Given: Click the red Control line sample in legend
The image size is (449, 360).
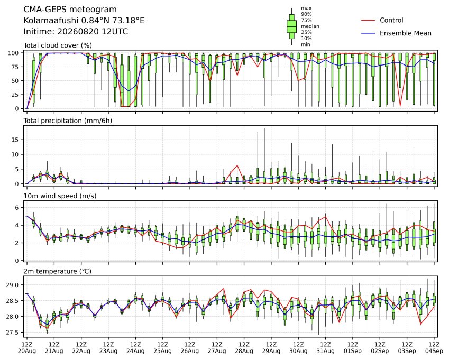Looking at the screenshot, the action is coord(368,20).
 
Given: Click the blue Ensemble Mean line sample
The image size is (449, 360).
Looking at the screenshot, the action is coord(368,33).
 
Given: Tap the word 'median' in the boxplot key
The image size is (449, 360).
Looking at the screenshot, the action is coord(310,26).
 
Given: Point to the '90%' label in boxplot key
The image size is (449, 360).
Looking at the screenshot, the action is coord(306,14).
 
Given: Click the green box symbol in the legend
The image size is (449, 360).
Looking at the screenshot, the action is coord(291,26).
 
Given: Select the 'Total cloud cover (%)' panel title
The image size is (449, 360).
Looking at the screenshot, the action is coord(58,45).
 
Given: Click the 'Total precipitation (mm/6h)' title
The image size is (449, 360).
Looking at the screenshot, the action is coord(68,121).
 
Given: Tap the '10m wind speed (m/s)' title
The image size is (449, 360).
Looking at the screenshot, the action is coord(60,196).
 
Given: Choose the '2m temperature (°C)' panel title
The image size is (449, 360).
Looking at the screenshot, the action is coord(57,271).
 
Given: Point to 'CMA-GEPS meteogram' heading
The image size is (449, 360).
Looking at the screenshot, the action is coord(70,10).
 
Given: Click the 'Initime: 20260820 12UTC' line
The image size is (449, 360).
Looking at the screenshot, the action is coord(76,32).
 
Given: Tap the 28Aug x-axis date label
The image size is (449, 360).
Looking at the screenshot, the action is coord(244,351).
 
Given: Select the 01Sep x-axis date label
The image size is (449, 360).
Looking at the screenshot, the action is coord(353,351).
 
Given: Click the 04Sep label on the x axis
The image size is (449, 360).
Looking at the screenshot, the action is coord(434,351).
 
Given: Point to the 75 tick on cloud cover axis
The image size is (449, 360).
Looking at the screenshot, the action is coord(16,67).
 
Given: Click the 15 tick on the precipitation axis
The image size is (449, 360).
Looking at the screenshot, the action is coord(16,140).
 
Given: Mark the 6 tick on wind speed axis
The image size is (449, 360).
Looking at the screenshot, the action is coord(17,207).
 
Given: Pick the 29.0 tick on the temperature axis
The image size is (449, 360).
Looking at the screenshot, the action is coord(12,285).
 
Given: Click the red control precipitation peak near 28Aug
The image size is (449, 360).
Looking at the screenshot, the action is coord(237,165).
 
